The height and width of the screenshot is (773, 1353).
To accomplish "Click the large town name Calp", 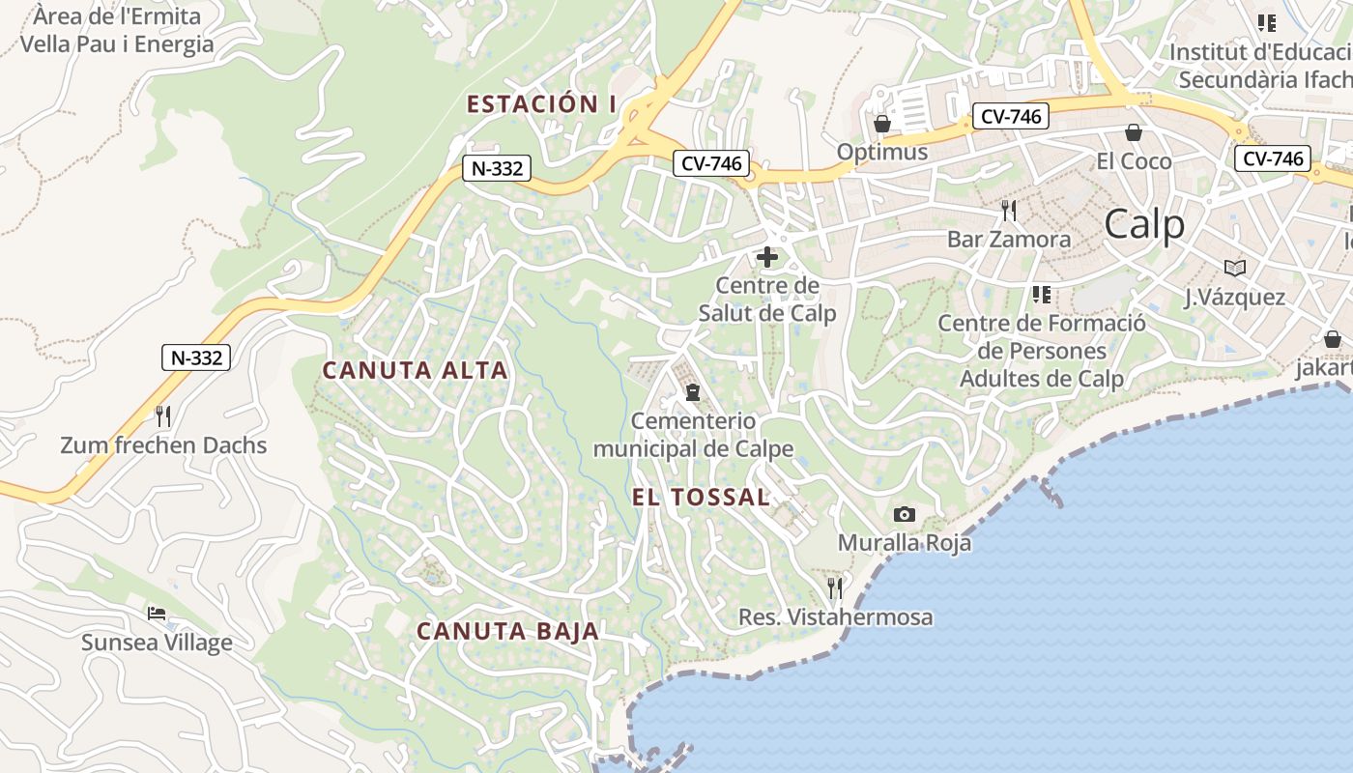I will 1144,224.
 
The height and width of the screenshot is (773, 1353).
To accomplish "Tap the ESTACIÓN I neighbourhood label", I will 541,104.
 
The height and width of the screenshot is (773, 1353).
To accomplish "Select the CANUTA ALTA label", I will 415,370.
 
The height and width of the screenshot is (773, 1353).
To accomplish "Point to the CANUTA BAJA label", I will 507,632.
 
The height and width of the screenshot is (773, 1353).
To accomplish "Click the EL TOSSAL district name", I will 701,498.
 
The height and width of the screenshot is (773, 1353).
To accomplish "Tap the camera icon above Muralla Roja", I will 904,514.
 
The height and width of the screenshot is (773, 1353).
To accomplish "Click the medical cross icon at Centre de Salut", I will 767,257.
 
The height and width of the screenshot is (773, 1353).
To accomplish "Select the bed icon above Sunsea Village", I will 157,614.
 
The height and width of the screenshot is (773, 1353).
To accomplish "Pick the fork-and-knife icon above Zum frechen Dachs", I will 163,416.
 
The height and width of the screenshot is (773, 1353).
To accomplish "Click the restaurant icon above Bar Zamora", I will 1009,210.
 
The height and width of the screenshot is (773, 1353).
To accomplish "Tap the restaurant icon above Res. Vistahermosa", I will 835,587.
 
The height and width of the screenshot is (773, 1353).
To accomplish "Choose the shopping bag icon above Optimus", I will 881,124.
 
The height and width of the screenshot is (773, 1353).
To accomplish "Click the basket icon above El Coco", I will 1133,131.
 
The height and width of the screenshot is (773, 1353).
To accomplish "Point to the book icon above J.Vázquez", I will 1234,268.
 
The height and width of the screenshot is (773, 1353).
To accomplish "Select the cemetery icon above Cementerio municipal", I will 692,392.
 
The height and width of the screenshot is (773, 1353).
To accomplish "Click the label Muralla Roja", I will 904,543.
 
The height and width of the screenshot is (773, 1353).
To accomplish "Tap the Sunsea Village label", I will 157,643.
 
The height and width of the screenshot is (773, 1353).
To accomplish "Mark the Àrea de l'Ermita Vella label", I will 117,30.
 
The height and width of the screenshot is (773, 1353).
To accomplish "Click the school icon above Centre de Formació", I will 1041,294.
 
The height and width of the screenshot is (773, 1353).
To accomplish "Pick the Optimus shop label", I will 881,153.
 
